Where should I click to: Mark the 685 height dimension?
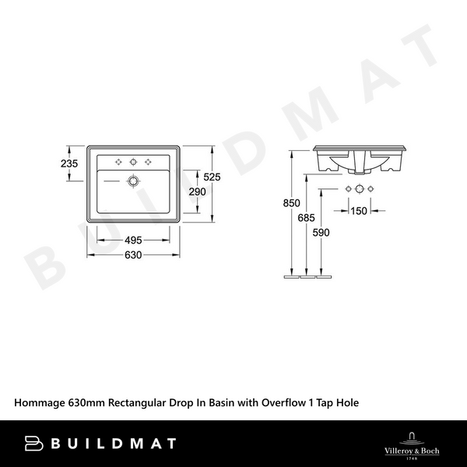pyautogui.click(x=307, y=219)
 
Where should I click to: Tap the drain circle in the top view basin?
pyautogui.click(x=134, y=181)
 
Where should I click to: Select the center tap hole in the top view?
pyautogui.click(x=134, y=162)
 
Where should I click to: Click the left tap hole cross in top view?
pyautogui.click(x=119, y=162)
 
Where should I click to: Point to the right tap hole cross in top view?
pyautogui.click(x=149, y=162)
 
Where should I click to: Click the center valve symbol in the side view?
pyautogui.click(x=360, y=190)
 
